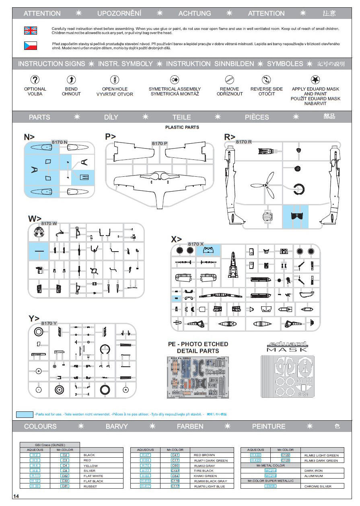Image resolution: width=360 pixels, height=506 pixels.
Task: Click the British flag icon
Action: click(31, 31)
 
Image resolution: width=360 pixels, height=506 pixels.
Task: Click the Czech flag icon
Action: click(31, 45)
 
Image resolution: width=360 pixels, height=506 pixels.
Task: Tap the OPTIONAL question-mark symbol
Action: click(35, 79)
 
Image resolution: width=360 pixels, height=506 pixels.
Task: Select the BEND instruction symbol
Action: click(71, 79)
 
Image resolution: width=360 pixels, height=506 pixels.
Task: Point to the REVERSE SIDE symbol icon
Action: click(266, 79)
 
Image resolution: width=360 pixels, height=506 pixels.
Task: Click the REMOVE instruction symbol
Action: click(230, 79)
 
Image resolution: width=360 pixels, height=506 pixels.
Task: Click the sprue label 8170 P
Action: click(160, 143)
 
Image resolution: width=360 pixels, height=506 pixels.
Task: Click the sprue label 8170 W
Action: click(49, 223)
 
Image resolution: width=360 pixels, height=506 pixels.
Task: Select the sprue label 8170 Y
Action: click(49, 323)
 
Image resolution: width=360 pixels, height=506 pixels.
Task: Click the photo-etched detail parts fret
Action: click(197, 377)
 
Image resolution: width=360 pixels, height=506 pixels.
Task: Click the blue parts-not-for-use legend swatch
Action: click(25, 414)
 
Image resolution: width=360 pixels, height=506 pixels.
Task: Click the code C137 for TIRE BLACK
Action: click(175, 471)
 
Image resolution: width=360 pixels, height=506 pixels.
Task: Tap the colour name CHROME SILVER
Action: click(318, 486)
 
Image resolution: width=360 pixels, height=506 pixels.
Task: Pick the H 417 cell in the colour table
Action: click(145, 486)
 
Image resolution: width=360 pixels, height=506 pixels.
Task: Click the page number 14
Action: click(16, 496)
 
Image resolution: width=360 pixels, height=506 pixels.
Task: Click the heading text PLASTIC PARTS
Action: click(182, 127)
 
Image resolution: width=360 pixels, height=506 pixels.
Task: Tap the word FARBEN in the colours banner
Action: click(190, 426)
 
